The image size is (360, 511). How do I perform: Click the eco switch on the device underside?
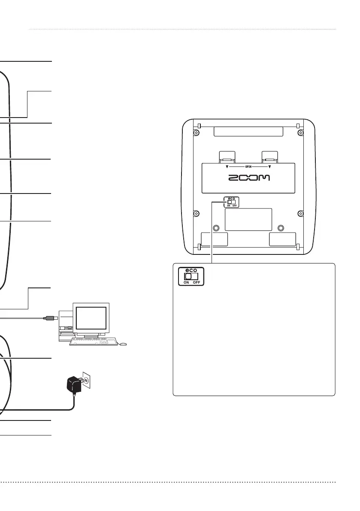pos(231,202)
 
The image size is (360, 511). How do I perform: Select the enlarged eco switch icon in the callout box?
pos(191,276)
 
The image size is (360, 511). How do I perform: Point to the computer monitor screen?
pos(91,319)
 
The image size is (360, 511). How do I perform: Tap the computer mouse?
pos(124,344)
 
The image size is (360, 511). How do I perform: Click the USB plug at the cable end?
pos(49,318)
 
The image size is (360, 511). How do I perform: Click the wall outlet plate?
pos(87,380)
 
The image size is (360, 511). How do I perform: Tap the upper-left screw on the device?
pos(196,133)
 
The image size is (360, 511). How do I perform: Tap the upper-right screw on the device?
pos(301,133)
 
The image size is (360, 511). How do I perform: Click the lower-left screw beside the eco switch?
pos(196,213)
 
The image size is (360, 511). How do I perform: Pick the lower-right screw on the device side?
pos(301,213)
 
